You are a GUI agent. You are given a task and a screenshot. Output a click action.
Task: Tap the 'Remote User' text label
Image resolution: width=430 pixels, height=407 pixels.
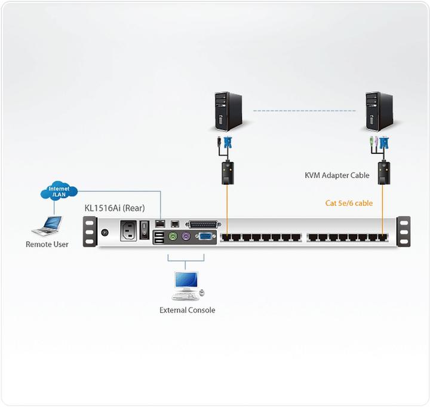click(x=47, y=244)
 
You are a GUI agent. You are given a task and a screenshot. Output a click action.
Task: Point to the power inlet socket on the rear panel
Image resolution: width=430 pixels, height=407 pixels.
click(x=131, y=230)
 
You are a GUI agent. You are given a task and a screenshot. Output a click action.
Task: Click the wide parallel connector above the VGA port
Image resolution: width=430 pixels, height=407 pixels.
click(x=202, y=224)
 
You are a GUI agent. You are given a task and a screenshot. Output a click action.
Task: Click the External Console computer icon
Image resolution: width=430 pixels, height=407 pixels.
click(x=187, y=285)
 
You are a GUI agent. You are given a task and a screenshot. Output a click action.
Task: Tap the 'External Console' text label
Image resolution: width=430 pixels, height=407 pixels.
click(x=187, y=310)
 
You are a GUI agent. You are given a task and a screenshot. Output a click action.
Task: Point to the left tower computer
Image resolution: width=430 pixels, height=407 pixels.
click(x=226, y=112)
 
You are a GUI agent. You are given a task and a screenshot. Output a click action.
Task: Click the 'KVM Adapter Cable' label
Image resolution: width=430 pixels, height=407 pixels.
click(x=337, y=175)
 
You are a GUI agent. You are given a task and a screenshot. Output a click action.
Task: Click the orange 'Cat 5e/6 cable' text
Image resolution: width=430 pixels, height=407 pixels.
click(x=349, y=203)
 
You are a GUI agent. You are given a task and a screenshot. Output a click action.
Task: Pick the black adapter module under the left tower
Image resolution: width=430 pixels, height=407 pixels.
click(x=226, y=171)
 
